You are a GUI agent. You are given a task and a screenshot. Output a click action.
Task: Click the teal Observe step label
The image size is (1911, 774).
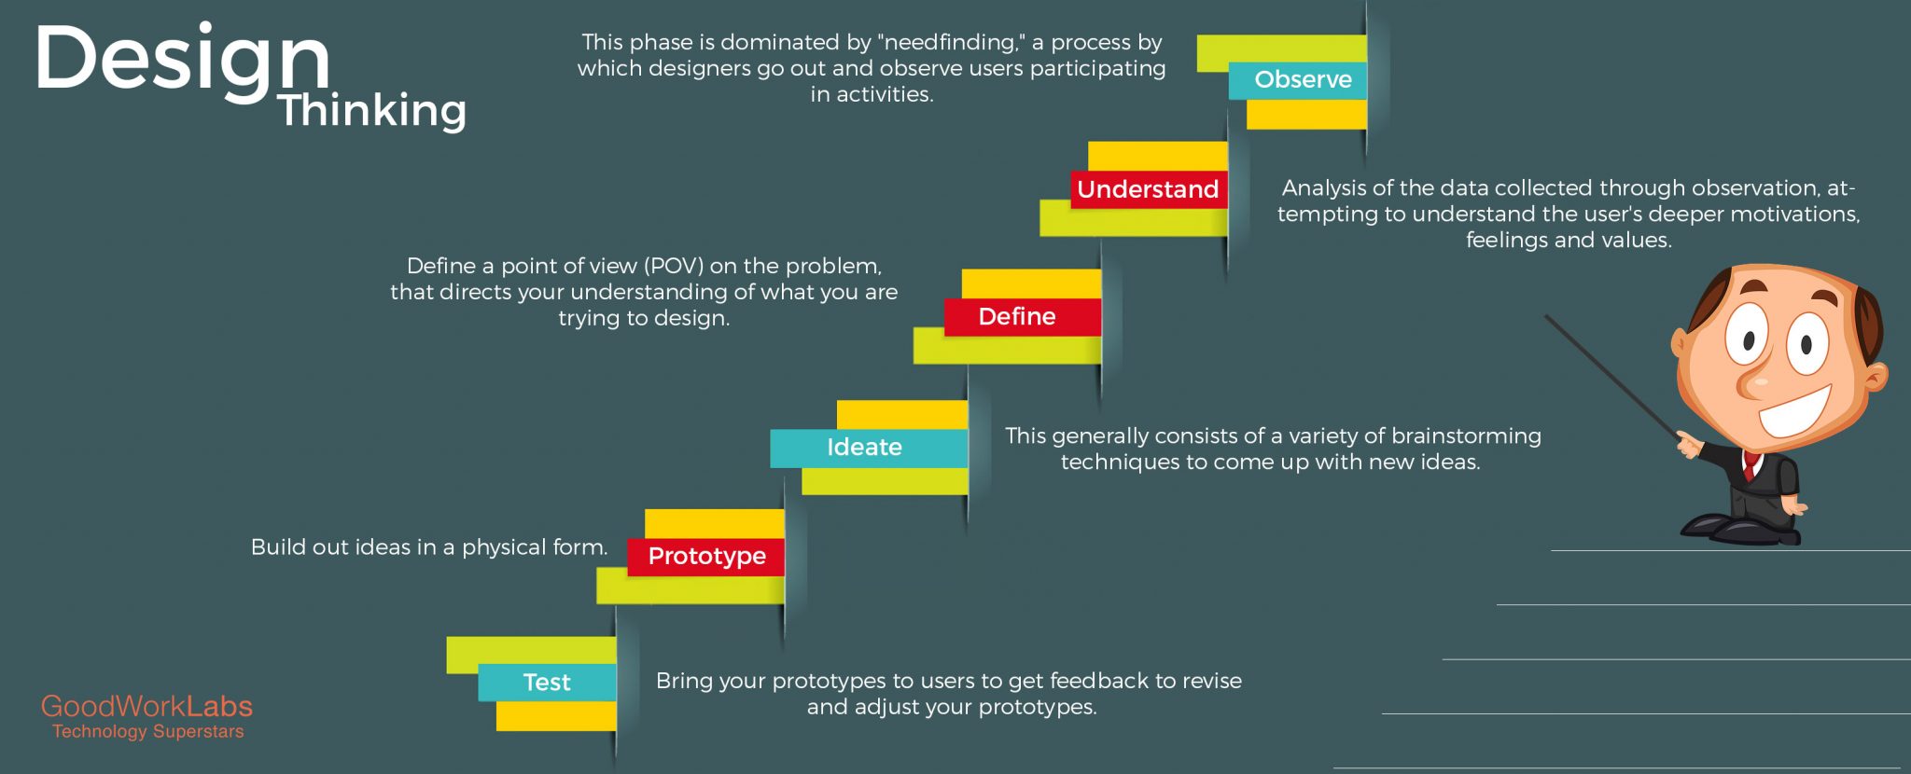[x=1303, y=80]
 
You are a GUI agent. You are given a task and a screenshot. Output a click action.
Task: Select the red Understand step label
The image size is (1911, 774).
[x=1148, y=189]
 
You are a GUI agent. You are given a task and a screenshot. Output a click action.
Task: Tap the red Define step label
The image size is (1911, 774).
[x=1017, y=317]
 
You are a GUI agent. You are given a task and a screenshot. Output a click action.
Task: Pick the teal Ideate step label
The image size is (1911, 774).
[x=864, y=448]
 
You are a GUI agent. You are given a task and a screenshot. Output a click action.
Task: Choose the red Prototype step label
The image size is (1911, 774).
[x=706, y=557]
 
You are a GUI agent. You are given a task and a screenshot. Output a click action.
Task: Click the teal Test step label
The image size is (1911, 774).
[x=547, y=683]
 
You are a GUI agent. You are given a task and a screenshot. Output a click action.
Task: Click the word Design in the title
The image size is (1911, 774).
[x=182, y=58]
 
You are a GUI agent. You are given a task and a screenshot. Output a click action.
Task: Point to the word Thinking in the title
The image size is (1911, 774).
[x=371, y=110]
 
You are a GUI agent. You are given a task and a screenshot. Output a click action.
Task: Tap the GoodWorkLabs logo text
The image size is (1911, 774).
[x=146, y=706]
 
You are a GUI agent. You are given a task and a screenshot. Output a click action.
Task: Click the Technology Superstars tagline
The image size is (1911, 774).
[x=147, y=732]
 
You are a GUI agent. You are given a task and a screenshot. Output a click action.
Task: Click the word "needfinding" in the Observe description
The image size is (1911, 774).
[x=950, y=43]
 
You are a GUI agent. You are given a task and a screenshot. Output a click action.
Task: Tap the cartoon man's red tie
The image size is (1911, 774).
[x=1751, y=463]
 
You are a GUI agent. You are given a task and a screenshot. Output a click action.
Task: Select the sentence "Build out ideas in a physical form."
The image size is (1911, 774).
[x=428, y=547]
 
